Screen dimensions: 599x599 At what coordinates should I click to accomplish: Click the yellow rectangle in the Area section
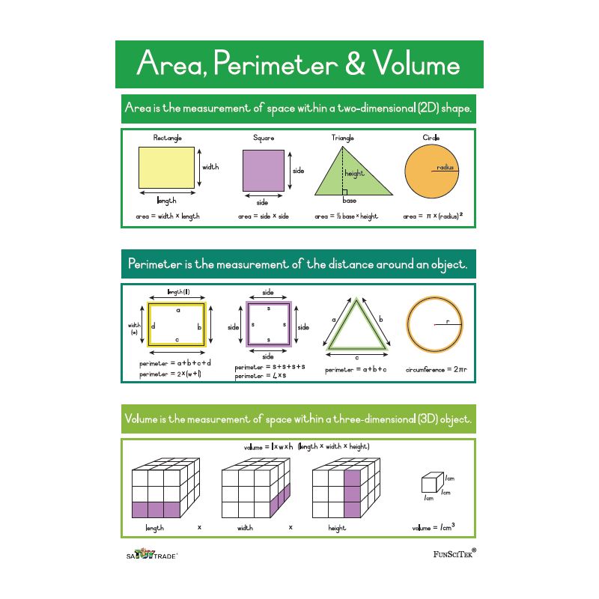[165, 167]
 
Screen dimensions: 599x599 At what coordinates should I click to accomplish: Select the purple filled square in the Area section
[264, 171]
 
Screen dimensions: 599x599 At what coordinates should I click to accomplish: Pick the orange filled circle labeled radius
[430, 169]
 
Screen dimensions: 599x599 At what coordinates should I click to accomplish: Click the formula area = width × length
[168, 216]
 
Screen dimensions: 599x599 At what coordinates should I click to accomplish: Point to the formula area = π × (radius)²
[433, 216]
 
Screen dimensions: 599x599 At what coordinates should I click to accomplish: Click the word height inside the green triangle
[354, 174]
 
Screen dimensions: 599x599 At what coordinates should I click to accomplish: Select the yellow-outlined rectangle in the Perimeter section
[177, 324]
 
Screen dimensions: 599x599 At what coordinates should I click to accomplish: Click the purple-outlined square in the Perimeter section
[267, 324]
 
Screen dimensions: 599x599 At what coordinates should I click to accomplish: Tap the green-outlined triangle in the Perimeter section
[357, 328]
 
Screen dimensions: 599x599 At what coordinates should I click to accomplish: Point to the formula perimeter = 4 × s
[260, 376]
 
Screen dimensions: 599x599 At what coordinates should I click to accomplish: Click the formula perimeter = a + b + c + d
[175, 363]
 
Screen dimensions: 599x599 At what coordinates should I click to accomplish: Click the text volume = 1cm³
[434, 528]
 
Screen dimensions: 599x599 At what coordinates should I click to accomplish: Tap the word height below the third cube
[337, 528]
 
